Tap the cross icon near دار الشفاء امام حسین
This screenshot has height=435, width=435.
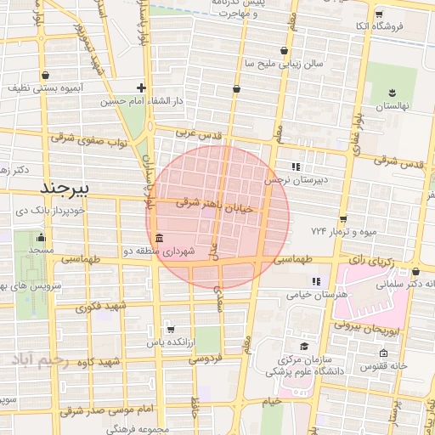(x=141, y=88)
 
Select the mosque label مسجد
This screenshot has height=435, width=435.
(x=40, y=251)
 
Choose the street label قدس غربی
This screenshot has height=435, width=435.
(x=198, y=133)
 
